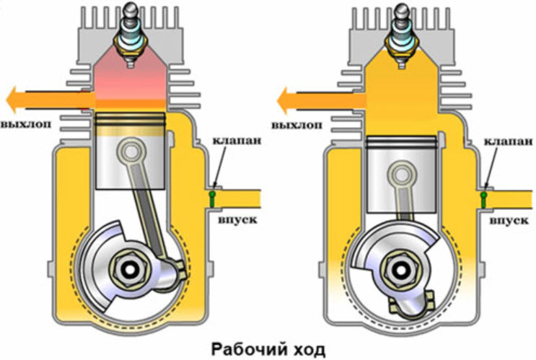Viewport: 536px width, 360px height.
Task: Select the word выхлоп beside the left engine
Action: [25, 123]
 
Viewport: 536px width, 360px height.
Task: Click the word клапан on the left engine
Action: [232, 139]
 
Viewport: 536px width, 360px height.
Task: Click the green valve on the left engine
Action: [213, 195]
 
